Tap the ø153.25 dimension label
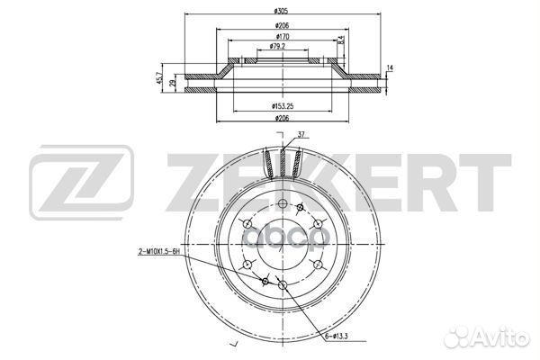(283, 106)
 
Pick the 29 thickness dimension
(173, 84)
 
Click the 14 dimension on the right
(391, 67)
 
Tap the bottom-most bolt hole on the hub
(283, 285)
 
